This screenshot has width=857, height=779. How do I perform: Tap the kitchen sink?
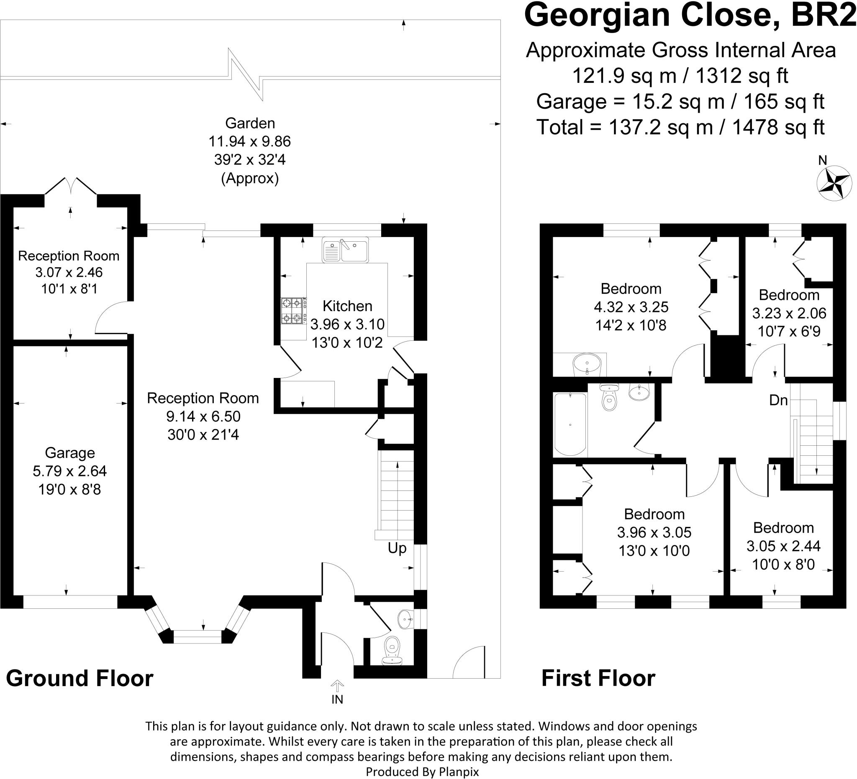click(345, 250)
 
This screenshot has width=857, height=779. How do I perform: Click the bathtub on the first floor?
click(570, 424)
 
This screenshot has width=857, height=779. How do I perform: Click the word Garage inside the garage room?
click(70, 453)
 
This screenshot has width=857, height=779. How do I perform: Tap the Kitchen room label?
click(347, 306)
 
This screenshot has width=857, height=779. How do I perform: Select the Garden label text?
click(250, 123)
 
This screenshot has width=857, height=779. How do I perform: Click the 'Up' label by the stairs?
click(397, 548)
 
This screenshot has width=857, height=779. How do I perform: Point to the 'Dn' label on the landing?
click(779, 400)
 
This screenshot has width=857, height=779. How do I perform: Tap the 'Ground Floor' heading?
click(80, 678)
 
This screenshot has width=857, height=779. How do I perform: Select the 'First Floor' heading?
click(598, 678)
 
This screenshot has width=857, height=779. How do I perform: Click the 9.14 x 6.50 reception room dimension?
click(203, 416)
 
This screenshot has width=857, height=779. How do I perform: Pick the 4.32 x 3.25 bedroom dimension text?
click(631, 306)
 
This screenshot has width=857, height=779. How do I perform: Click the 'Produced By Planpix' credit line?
click(422, 771)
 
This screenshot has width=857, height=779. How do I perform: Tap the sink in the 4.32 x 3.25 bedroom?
click(587, 364)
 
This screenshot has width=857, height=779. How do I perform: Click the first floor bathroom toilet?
click(609, 397)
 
